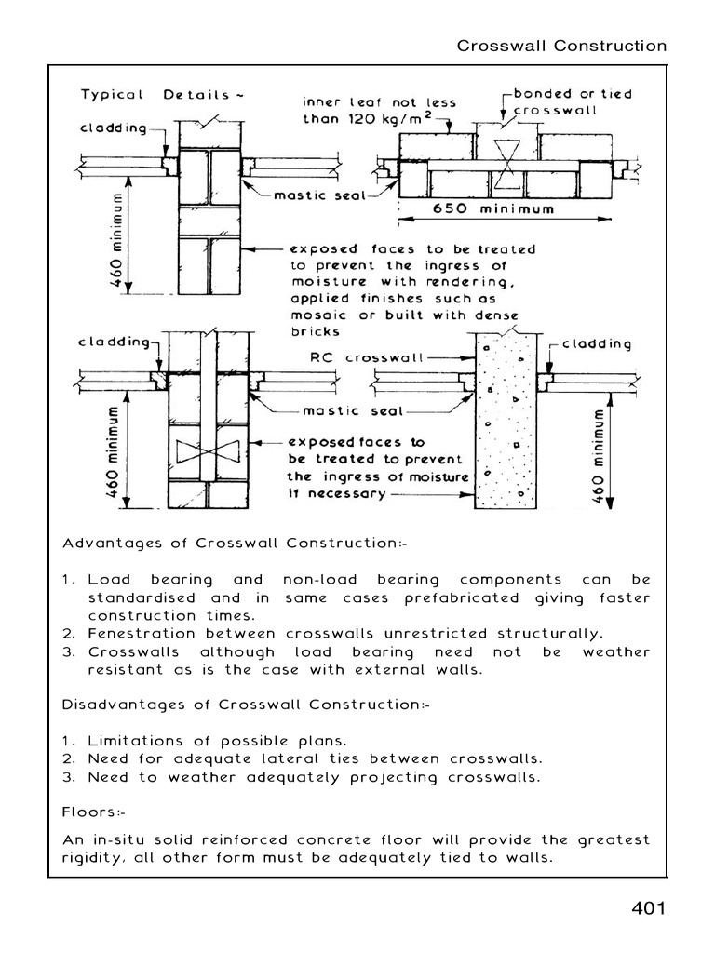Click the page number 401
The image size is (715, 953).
[x=645, y=908]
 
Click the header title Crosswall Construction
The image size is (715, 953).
[x=561, y=47]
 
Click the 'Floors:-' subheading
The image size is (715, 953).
[x=97, y=812]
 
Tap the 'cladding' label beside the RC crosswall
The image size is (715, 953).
[x=597, y=344]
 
